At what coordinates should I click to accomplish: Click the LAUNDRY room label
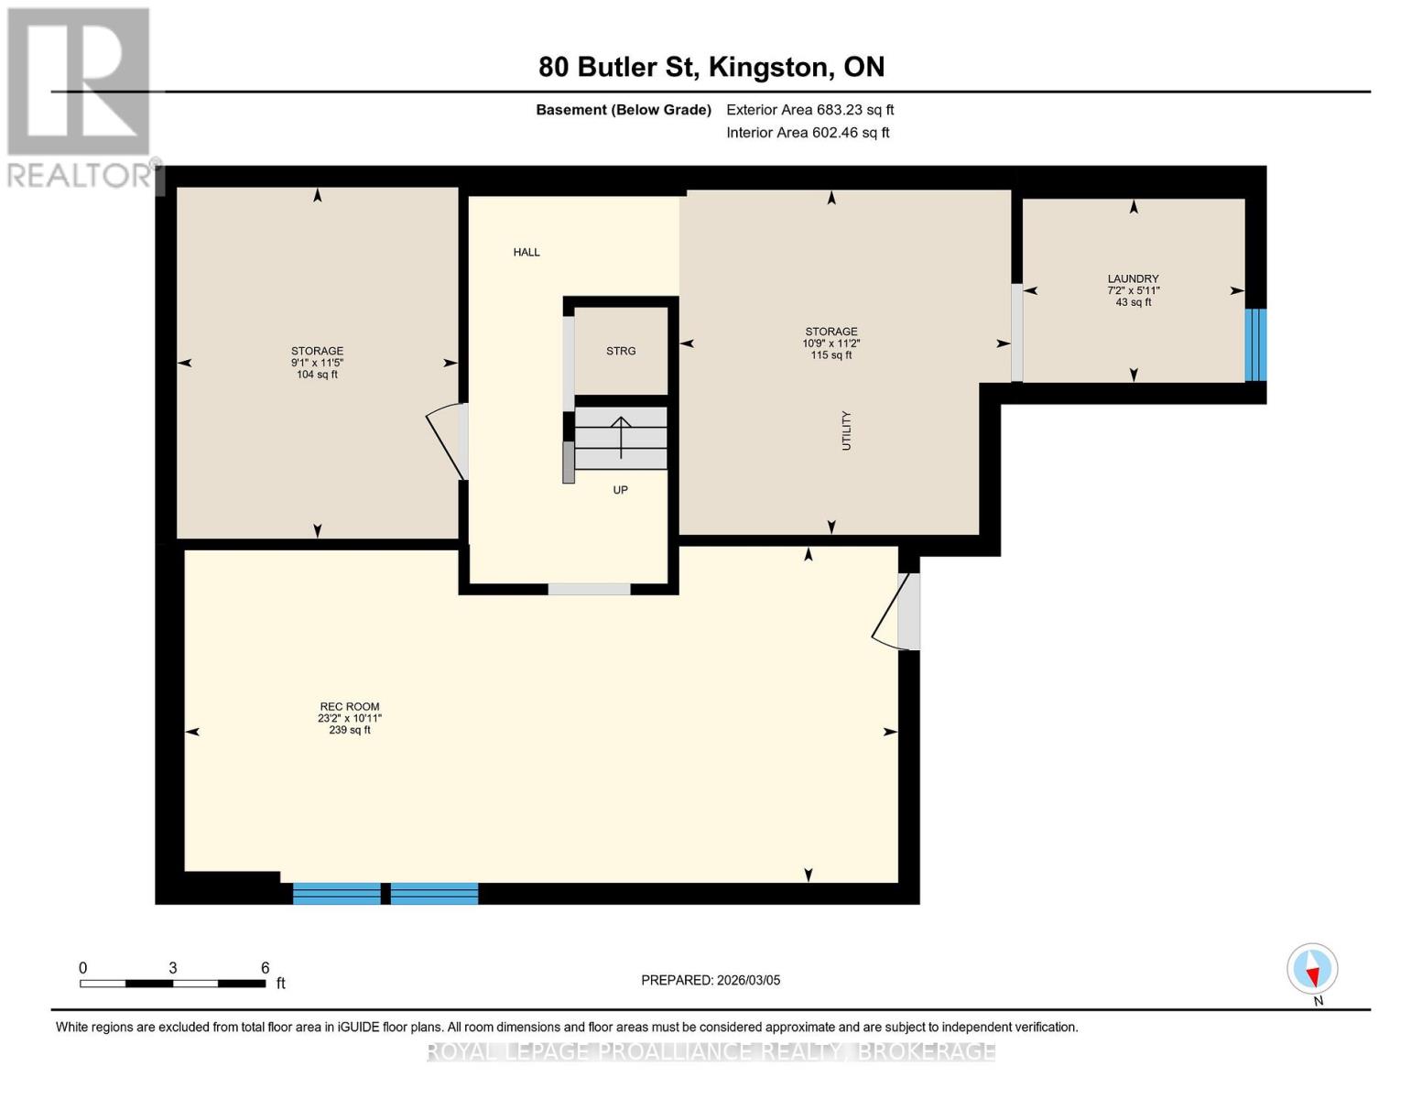[1133, 278]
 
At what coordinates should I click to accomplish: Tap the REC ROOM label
[350, 706]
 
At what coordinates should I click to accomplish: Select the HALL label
[526, 252]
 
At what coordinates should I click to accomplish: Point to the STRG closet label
[621, 351]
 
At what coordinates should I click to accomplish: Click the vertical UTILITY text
[847, 430]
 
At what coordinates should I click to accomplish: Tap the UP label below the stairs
[621, 490]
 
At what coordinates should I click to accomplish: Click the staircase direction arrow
[621, 437]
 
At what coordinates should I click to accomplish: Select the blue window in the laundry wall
[1255, 344]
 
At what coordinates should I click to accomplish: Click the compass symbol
[1312, 969]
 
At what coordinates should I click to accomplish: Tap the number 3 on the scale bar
[173, 967]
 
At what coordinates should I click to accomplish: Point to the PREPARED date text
[711, 980]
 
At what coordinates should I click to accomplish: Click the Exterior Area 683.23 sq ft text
[810, 110]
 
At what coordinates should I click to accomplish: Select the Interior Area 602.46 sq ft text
[809, 133]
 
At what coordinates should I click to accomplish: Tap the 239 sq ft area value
[350, 730]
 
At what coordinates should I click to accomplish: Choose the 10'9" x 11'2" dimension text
[831, 343]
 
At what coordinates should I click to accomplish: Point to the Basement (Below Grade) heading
[624, 110]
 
